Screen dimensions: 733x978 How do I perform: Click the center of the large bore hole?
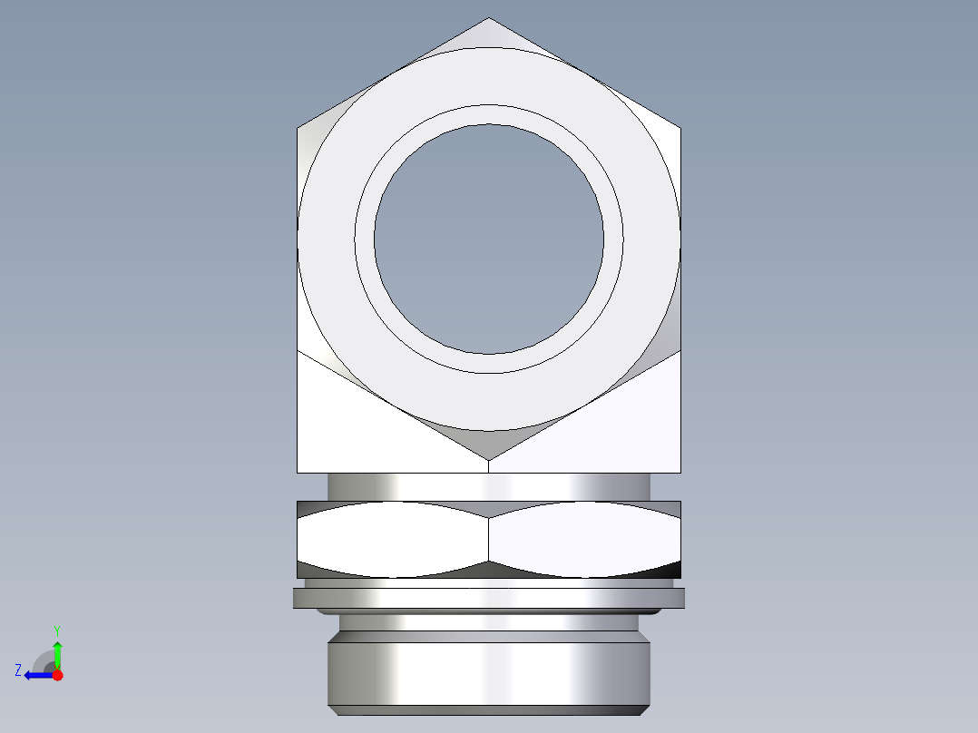488,239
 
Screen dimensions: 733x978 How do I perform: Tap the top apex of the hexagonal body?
488,20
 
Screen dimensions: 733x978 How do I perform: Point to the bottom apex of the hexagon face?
488,458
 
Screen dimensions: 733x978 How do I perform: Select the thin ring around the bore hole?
488,114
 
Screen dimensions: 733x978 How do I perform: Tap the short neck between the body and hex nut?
488,486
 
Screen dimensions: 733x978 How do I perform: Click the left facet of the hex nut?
392,539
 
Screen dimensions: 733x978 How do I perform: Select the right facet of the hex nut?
584,539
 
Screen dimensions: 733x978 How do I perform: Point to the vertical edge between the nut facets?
488,539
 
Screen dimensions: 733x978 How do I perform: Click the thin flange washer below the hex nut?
488,598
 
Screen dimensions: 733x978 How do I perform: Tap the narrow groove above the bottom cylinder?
488,623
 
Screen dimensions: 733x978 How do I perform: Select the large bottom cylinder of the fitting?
488,671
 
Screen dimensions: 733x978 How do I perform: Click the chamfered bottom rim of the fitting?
488,710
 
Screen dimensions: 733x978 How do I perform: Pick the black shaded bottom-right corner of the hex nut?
671,570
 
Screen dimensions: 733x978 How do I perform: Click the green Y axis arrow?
57,651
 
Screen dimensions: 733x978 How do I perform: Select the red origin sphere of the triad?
57,675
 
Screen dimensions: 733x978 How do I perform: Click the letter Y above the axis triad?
56,630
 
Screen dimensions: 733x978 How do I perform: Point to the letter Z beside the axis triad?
18,670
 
